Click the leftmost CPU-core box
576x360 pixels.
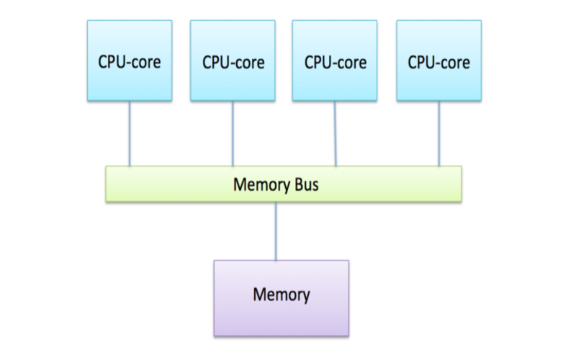tap(130, 60)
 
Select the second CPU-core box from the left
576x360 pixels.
tap(233, 60)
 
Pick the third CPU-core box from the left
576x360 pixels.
tap(335, 60)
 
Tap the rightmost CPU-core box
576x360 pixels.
tap(439, 60)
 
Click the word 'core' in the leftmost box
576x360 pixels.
tap(146, 63)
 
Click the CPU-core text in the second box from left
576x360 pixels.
tap(233, 62)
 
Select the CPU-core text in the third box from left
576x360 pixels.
tap(336, 62)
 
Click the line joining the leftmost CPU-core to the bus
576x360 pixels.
tap(130, 134)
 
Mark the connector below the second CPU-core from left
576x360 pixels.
tap(233, 134)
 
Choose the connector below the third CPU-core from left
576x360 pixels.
tap(335, 134)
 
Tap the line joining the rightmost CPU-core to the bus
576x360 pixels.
tap(439, 134)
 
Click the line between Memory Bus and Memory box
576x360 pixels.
tap(276, 231)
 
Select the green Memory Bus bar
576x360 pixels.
tap(284, 184)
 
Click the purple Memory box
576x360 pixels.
tap(282, 298)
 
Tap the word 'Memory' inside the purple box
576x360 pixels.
tap(282, 295)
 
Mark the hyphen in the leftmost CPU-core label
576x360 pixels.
tap(127, 63)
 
